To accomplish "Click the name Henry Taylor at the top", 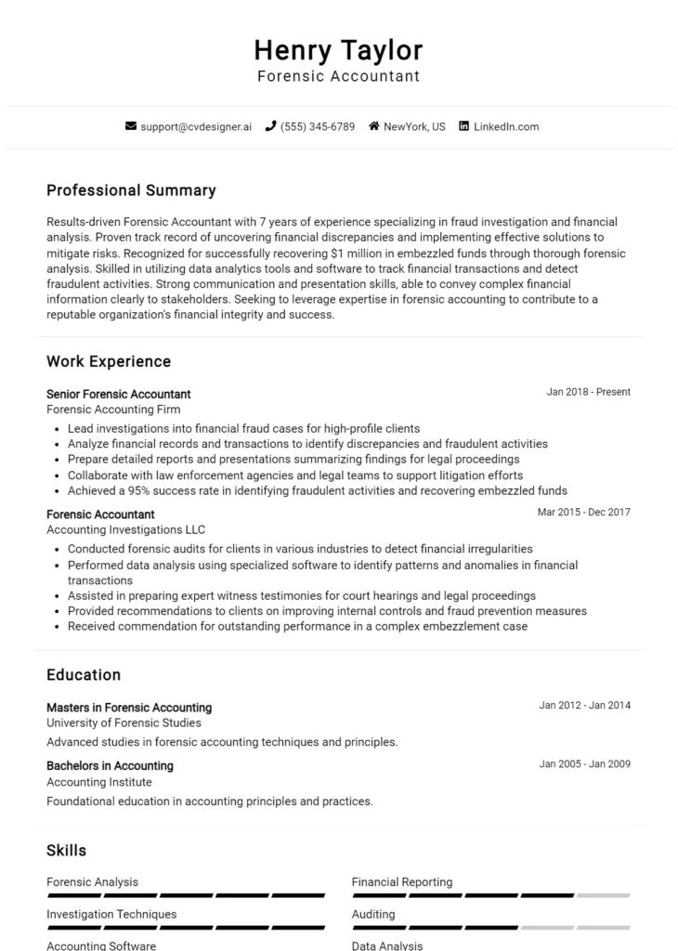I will coord(338,49).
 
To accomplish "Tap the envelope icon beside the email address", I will coord(131,126).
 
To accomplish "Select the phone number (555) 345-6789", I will coord(318,126).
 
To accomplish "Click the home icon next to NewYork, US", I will coord(374,126).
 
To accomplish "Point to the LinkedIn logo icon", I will coord(463,126).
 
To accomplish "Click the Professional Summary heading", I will coord(131,190).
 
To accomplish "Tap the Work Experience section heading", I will coord(109,361).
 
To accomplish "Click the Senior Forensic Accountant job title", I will coord(118,394).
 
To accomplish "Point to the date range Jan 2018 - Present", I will coord(588,392).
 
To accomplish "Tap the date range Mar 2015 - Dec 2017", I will coord(583,513).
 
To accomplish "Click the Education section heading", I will coord(84,675).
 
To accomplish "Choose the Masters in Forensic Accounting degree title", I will coord(129,708).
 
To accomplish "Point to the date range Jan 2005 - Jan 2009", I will coord(584,764).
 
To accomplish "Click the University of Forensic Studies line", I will coord(124,723).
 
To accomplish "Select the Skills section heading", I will coord(66,850).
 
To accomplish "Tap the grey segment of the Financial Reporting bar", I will coord(603,895).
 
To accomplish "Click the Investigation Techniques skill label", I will coord(111,914).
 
